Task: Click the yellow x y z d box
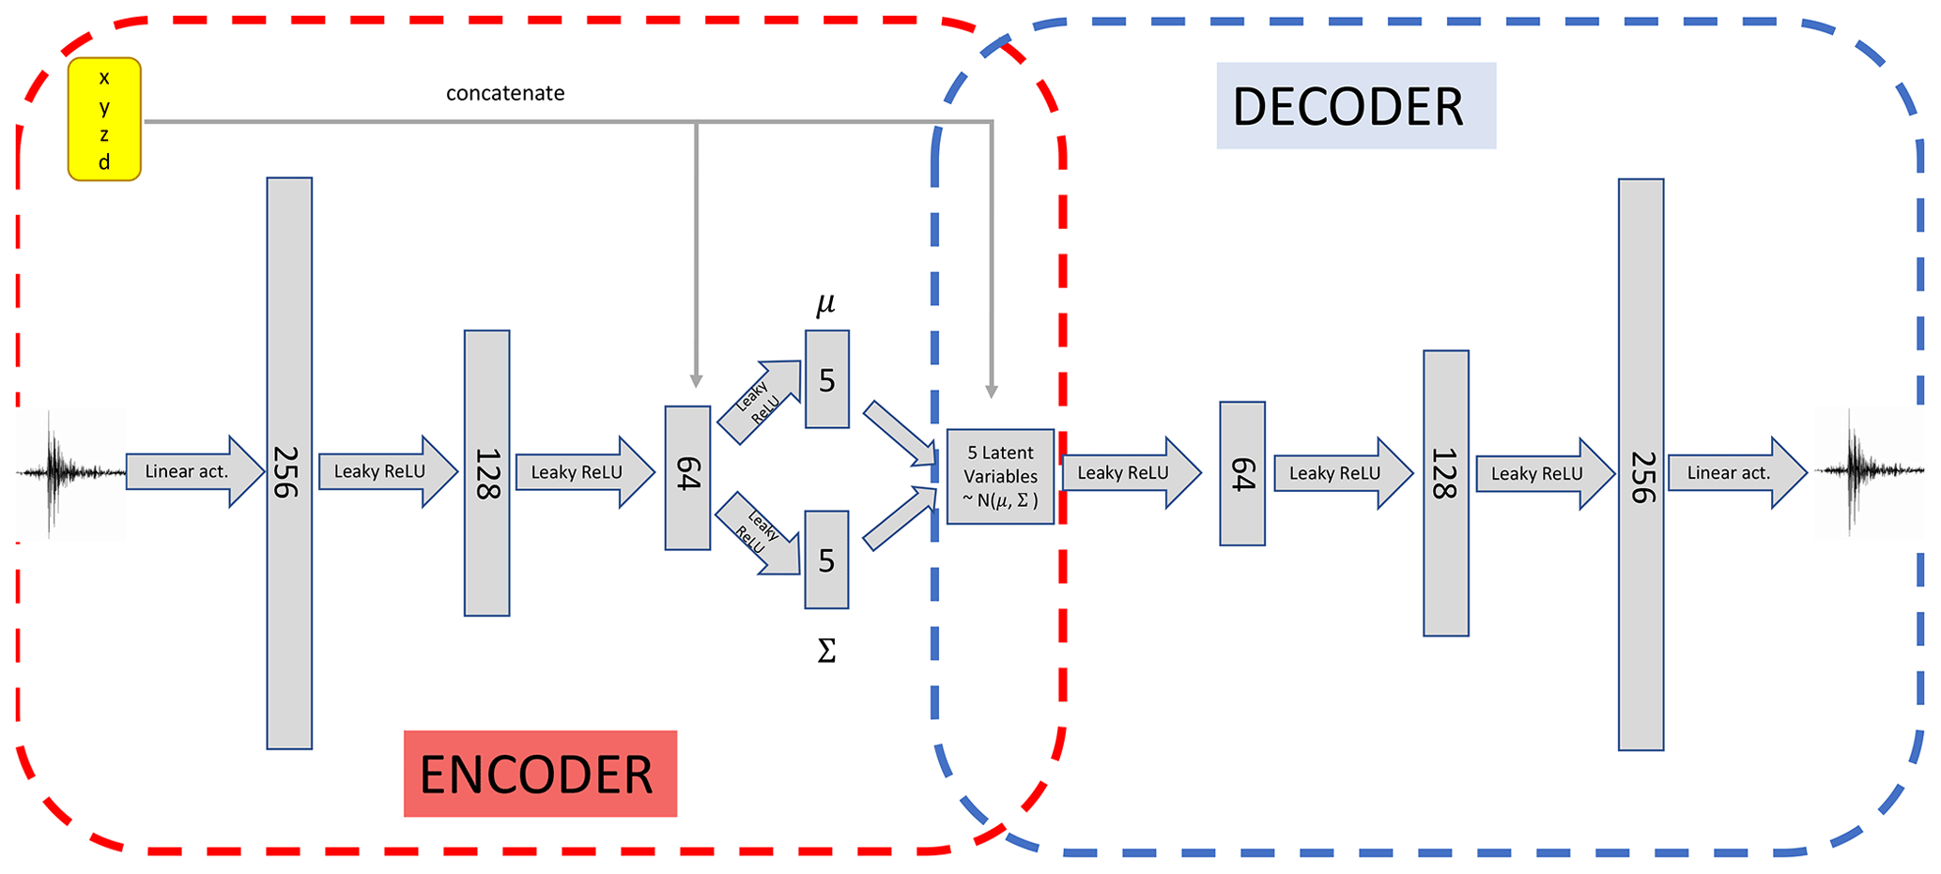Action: [x=104, y=119]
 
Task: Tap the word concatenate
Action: [x=505, y=93]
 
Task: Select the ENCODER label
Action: [x=540, y=774]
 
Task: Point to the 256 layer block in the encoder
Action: [x=289, y=463]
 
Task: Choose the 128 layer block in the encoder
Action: [x=486, y=472]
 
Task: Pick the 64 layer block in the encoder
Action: [x=687, y=477]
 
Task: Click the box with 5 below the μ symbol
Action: [x=826, y=379]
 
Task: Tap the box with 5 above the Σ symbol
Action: [x=826, y=560]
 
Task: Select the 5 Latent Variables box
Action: [x=1000, y=476]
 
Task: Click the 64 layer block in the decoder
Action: [x=1241, y=473]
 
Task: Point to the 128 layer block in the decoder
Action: [x=1445, y=493]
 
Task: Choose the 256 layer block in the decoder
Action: [x=1641, y=465]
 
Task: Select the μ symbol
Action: [x=825, y=303]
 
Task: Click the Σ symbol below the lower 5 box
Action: [x=826, y=651]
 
